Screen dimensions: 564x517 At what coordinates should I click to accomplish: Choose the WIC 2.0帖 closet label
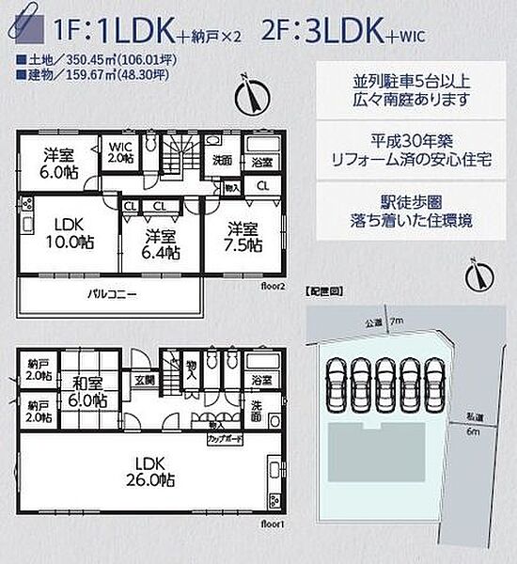click(120, 151)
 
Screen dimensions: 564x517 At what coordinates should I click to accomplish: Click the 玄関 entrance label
click(143, 380)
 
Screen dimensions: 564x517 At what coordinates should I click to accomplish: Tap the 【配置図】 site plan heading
click(322, 293)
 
